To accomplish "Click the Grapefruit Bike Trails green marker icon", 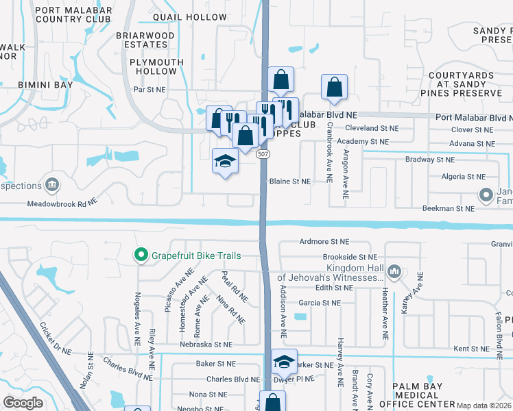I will point(141,256).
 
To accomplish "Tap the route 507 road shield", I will point(263,155).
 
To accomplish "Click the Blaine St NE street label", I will point(290,182).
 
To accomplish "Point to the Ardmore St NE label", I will point(324,242).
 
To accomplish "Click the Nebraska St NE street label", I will point(206,345).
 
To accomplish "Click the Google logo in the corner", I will point(22,402).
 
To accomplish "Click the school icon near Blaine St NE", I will point(225,162).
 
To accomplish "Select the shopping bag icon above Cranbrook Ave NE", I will point(333,87).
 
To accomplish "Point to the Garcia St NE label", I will point(315,302).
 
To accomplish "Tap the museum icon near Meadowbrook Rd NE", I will point(51,185).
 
